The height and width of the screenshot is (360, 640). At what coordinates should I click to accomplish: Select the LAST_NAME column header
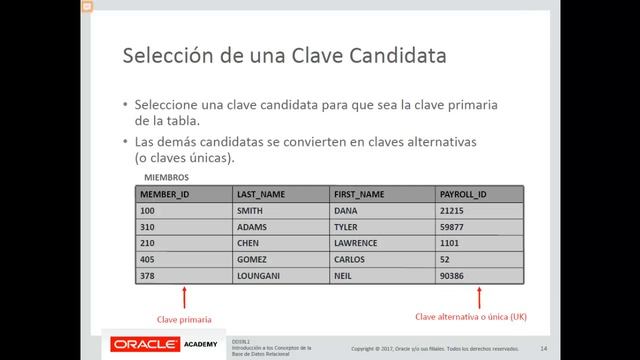261,195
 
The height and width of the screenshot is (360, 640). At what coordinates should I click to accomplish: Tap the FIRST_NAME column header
359,195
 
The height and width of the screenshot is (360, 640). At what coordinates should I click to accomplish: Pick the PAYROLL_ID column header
462,195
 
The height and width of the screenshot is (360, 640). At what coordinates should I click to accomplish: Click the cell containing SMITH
249,211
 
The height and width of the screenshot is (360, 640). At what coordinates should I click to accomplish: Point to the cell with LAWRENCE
355,243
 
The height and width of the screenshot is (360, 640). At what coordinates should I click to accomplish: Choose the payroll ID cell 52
444,259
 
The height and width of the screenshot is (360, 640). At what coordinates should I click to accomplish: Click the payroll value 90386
451,275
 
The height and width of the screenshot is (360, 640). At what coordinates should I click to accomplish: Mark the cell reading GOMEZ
251,259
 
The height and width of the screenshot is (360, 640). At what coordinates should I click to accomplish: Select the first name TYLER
345,227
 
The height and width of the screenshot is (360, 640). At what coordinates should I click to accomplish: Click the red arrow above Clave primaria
185,298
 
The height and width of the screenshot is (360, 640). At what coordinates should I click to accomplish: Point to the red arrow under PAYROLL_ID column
481,298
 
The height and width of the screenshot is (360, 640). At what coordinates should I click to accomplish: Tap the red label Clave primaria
184,320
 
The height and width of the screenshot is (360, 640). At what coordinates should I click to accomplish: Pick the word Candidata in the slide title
394,56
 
